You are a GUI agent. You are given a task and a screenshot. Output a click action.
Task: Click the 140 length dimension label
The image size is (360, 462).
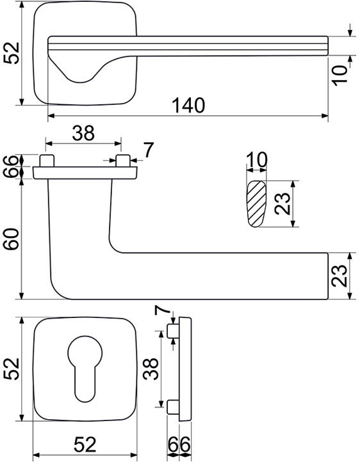pyautogui.click(x=189, y=105)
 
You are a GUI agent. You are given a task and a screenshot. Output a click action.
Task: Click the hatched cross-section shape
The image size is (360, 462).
pyautogui.click(x=256, y=203)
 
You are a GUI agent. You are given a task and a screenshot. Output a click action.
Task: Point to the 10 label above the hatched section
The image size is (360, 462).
pyautogui.click(x=257, y=160)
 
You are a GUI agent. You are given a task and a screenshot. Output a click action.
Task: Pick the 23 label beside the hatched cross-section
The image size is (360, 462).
pyautogui.click(x=282, y=203)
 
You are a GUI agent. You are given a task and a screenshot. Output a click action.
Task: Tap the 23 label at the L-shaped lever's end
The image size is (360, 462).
pyautogui.click(x=339, y=276)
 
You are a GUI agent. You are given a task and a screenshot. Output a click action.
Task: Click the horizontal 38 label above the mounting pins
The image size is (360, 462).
pyautogui.click(x=83, y=133)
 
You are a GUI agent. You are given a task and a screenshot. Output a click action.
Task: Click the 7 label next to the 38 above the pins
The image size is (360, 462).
pyautogui.click(x=149, y=150)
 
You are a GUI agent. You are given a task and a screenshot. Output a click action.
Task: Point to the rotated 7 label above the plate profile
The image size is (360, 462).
pyautogui.click(x=163, y=310)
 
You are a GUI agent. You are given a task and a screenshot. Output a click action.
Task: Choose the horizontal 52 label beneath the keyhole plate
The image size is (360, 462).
pyautogui.click(x=85, y=444)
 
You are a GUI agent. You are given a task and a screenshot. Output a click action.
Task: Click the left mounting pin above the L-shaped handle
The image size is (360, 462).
pyautogui.click(x=47, y=161)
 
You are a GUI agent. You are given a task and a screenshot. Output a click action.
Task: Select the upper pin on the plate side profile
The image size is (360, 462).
pyautogui.click(x=173, y=331)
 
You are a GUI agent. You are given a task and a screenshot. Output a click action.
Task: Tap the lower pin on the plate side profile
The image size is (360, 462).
pyautogui.click(x=173, y=407)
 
